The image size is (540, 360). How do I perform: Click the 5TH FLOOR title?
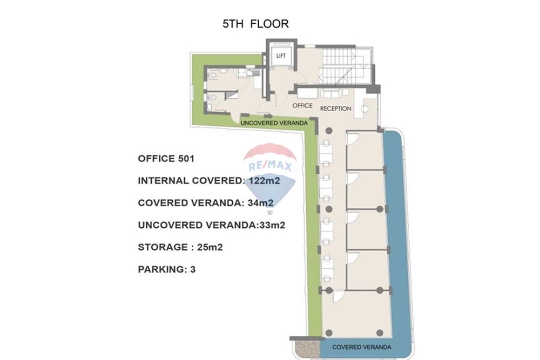(x=255, y=24)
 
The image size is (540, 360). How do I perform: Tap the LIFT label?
(x=280, y=56)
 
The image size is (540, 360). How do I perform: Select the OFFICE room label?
(x=302, y=105)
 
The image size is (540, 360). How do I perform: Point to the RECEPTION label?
(x=335, y=108)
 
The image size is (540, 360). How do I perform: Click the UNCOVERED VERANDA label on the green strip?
(x=274, y=124)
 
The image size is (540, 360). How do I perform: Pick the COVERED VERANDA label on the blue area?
(x=361, y=347)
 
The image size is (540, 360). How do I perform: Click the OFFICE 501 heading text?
(x=166, y=159)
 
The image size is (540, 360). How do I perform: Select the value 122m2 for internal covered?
(x=264, y=181)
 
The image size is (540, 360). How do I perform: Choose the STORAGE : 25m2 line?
(x=180, y=247)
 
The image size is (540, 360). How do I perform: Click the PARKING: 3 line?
(x=166, y=269)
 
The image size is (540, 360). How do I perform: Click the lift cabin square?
(x=280, y=55)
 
